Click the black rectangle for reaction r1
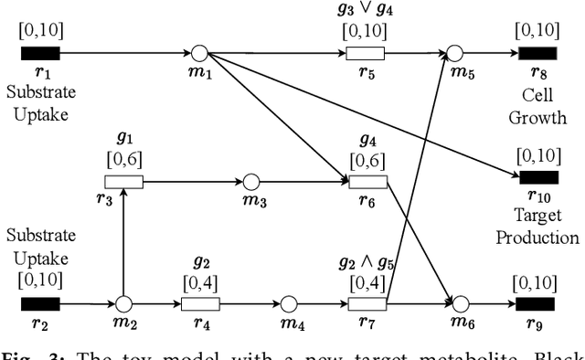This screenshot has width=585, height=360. pyautogui.click(x=39, y=52)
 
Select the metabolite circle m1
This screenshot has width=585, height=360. pyautogui.click(x=200, y=52)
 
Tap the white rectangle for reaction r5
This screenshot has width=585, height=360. pyautogui.click(x=365, y=52)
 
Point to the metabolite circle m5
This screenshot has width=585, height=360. pyautogui.click(x=457, y=52)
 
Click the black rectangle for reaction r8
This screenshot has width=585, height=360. pyautogui.click(x=535, y=52)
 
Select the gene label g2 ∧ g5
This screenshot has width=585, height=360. pyautogui.click(x=367, y=263)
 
